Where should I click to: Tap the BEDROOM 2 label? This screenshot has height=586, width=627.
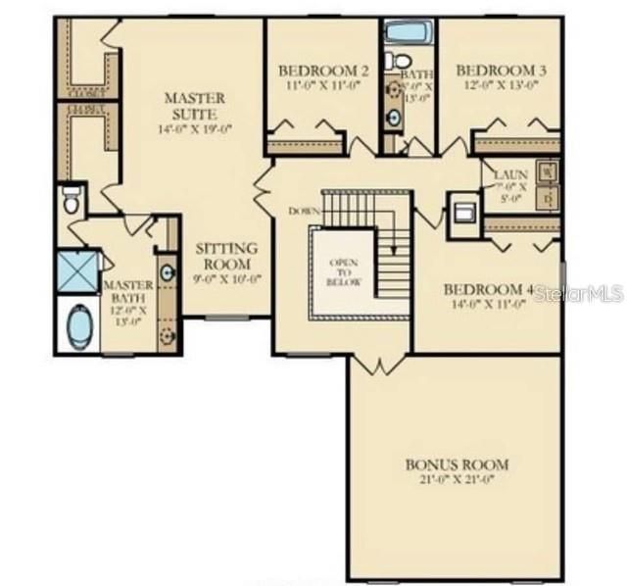(x=323, y=72)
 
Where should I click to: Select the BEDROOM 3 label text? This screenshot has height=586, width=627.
(x=501, y=71)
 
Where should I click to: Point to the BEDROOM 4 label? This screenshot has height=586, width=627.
(x=488, y=290)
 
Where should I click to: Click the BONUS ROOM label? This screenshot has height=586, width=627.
(x=457, y=464)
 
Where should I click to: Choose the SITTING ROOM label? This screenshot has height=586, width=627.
(x=226, y=256)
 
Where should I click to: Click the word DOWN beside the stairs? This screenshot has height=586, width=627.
(x=304, y=211)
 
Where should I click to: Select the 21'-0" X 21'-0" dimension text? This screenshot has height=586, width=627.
(x=457, y=480)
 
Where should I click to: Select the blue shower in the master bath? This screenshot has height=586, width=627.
(x=76, y=271)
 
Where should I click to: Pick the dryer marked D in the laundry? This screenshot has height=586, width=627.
(x=549, y=197)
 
